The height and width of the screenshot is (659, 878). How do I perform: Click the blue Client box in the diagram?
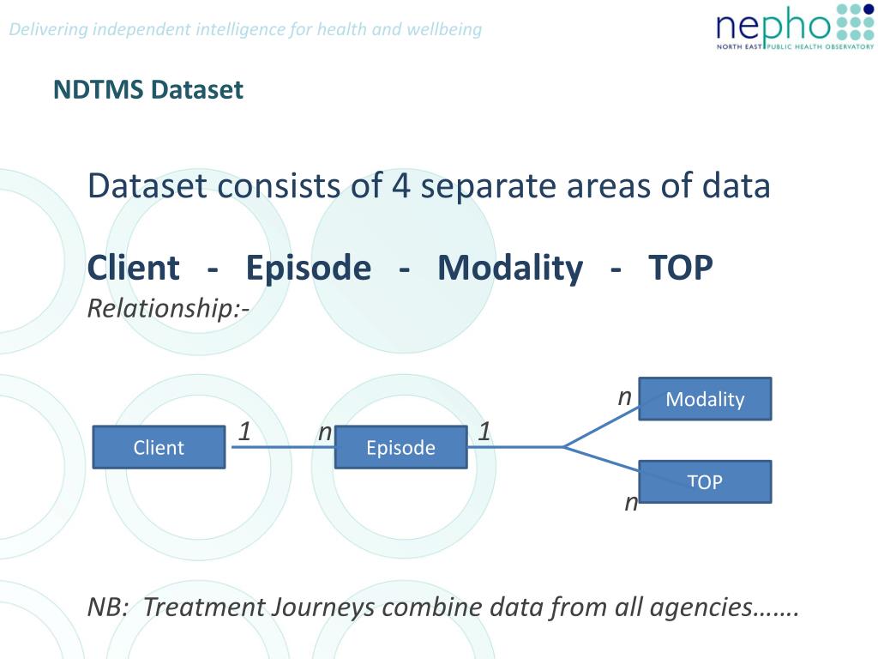tap(159, 447)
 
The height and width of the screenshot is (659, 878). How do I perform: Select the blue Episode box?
tap(401, 447)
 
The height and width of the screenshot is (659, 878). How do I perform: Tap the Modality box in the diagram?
tap(705, 399)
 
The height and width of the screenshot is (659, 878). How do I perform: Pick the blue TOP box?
tap(705, 482)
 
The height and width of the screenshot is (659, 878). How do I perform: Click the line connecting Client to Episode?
tap(283, 447)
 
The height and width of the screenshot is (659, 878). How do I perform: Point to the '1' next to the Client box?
tap(244, 432)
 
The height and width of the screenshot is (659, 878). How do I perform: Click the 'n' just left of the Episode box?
tap(325, 433)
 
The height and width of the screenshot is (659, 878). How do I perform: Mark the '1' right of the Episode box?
tap(484, 432)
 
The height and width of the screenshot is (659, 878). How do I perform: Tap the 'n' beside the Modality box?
tap(624, 398)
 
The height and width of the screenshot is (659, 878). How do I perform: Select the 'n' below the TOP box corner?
tap(631, 503)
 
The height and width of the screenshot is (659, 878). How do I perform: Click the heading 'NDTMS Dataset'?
tap(148, 89)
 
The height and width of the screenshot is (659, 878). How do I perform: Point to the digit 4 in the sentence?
tap(401, 185)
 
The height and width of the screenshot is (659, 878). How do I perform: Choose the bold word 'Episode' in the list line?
tap(309, 268)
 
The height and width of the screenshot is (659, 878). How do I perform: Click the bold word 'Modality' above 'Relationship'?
tap(510, 268)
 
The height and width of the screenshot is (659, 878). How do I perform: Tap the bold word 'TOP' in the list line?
tap(680, 268)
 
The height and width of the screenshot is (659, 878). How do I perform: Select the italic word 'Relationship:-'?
tap(169, 308)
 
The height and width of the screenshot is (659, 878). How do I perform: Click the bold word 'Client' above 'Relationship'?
tap(134, 268)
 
